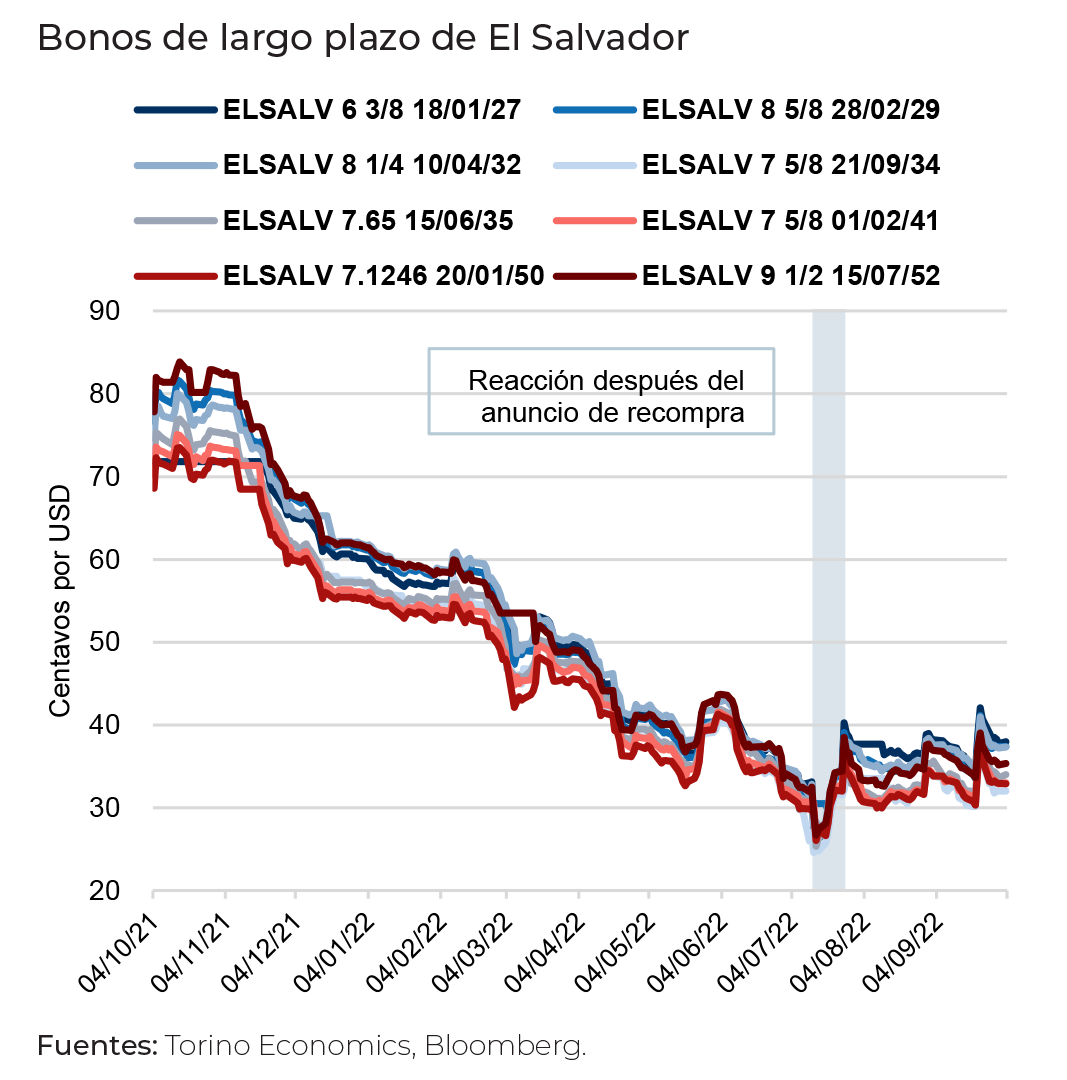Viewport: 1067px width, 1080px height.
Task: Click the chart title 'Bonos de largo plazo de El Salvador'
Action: (x=363, y=39)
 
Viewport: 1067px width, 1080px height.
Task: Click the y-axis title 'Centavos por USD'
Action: (x=61, y=601)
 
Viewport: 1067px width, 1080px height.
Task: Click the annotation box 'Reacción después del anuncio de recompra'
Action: (x=601, y=391)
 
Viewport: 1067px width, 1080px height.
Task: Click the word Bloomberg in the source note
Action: (x=505, y=1047)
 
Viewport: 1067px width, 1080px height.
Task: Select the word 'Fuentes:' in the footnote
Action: (x=98, y=1047)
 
